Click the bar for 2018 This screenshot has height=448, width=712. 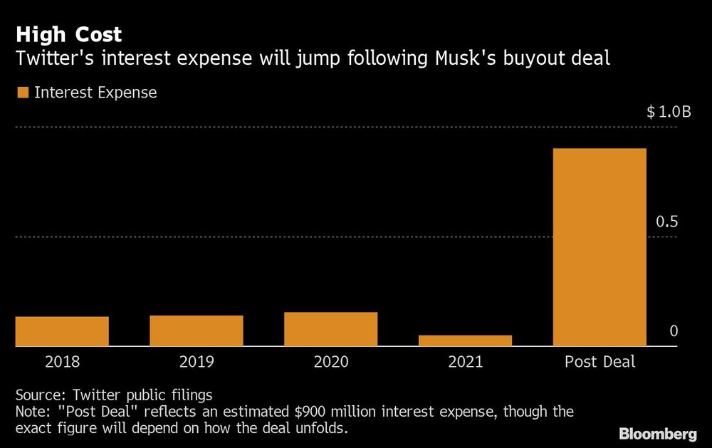click(62, 331)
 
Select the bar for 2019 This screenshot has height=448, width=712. click(197, 330)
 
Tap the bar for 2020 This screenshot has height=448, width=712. click(331, 329)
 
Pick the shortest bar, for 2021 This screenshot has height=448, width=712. click(465, 340)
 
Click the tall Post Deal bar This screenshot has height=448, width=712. click(600, 247)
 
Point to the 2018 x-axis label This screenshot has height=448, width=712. click(62, 362)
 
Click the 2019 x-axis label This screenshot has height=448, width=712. click(197, 362)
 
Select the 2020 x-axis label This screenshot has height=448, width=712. click(331, 362)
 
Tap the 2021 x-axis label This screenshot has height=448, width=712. click(465, 362)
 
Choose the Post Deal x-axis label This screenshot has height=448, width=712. click(600, 362)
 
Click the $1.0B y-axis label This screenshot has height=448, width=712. click(669, 113)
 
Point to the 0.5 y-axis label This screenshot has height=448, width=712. click(667, 222)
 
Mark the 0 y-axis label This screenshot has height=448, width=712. click(674, 332)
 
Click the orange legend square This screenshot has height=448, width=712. click(22, 93)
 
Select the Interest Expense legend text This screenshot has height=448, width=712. click(95, 93)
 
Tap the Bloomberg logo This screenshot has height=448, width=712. click(658, 434)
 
